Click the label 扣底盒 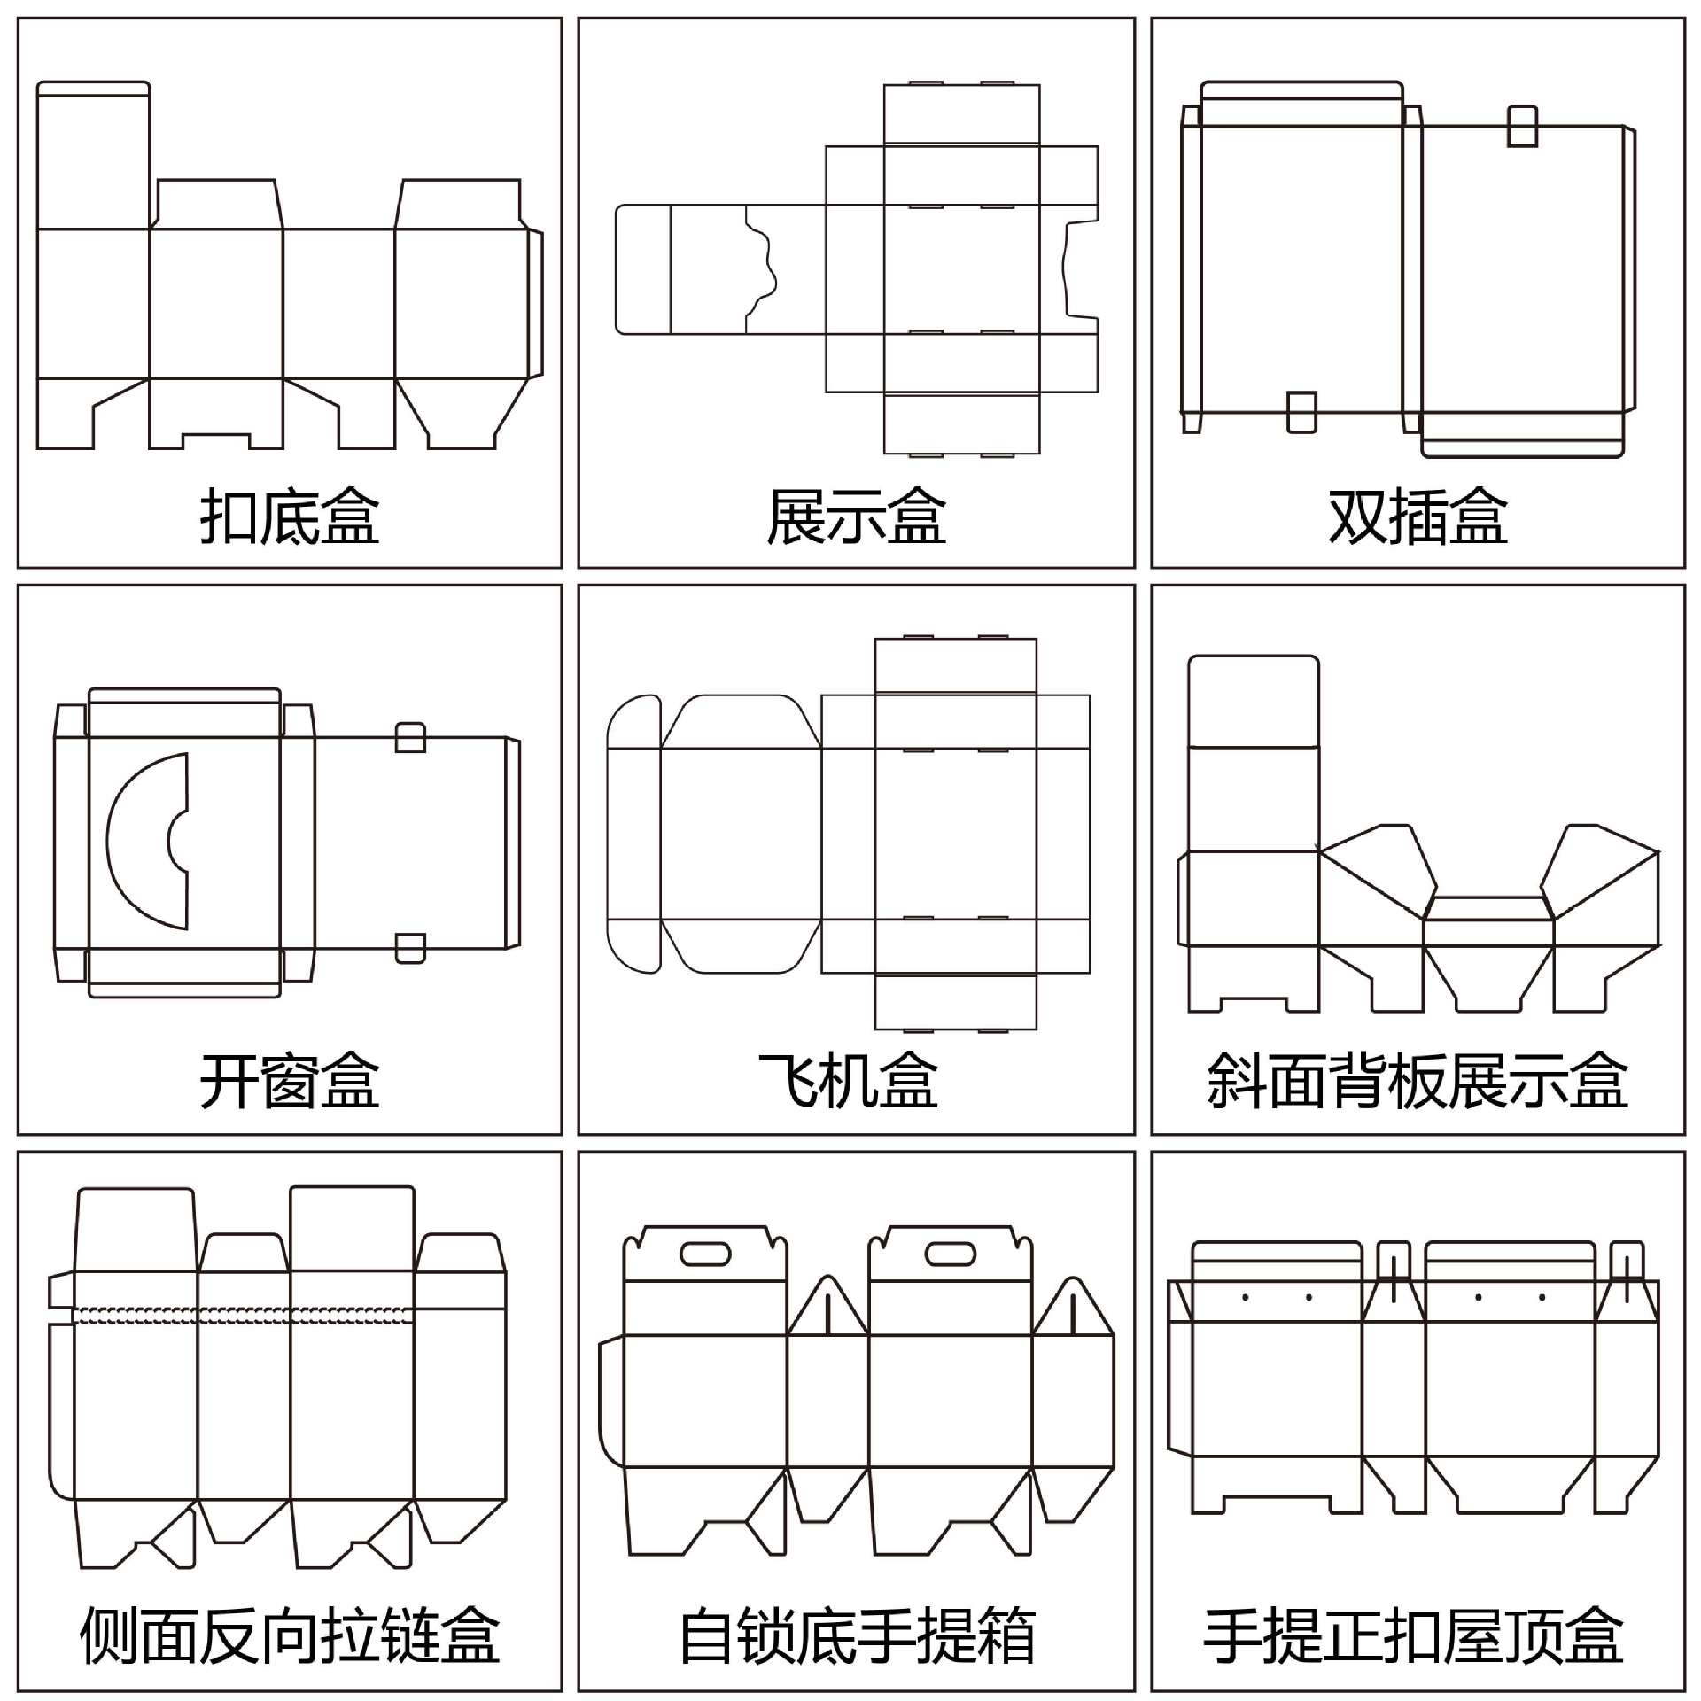click(x=290, y=517)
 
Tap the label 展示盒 click(x=856, y=517)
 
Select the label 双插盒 click(x=1417, y=517)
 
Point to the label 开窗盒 click(x=290, y=1081)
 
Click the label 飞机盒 click(x=848, y=1081)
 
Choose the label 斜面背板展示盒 click(x=1417, y=1081)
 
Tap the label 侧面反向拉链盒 click(x=290, y=1635)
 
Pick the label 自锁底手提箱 click(x=857, y=1635)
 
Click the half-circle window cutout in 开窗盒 click(x=142, y=841)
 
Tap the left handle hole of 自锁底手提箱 click(x=705, y=1254)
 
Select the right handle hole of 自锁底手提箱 click(x=950, y=1254)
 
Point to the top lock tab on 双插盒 click(x=1522, y=126)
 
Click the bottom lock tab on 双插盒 click(x=1301, y=412)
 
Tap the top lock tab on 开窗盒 click(x=410, y=737)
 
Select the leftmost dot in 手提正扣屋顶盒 click(x=1246, y=1298)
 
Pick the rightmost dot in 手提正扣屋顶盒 click(x=1542, y=1298)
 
